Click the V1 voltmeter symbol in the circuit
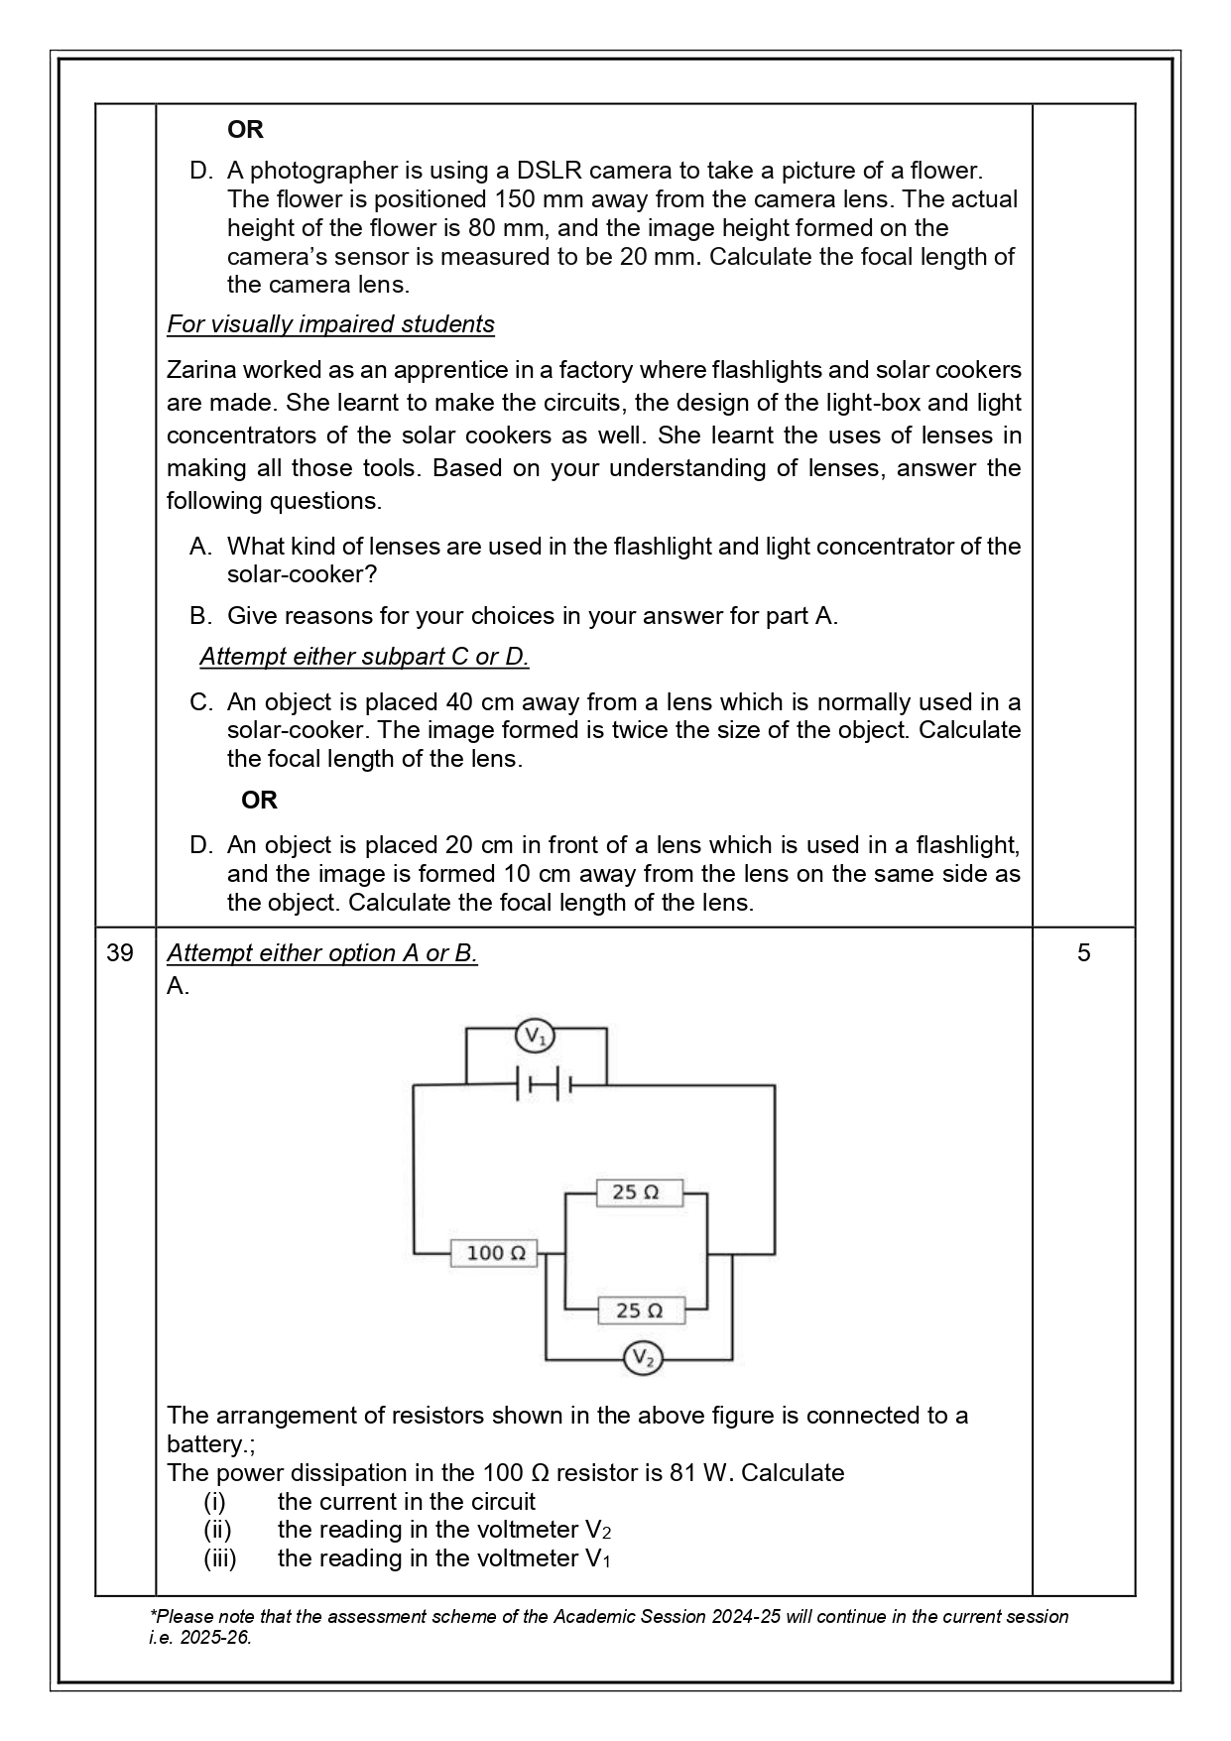pos(535,1037)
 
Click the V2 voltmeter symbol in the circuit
pos(643,1357)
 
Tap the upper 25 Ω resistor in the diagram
pos(639,1192)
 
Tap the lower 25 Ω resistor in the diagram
pos(641,1310)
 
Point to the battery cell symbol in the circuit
pos(544,1084)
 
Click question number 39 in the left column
pos(120,952)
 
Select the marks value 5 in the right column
pos(1083,952)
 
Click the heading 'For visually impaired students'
pos(330,324)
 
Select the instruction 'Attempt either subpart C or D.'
pos(364,657)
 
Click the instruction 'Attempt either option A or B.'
pos(321,952)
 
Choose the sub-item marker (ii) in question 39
pos(217,1529)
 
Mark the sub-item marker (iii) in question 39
pos(220,1557)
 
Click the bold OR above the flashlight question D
pos(259,800)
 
